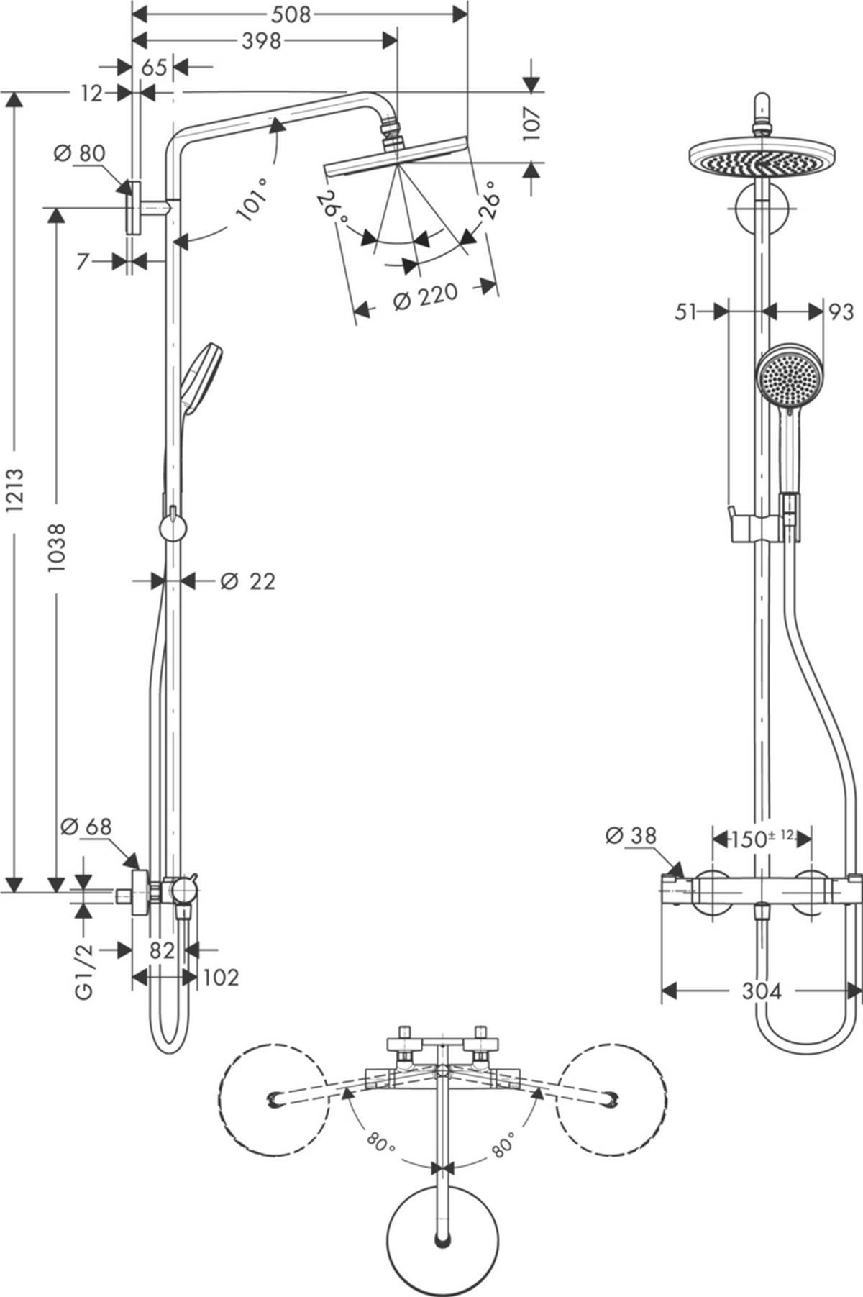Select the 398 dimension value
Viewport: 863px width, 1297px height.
coord(260,42)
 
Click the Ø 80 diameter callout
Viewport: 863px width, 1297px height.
coord(79,153)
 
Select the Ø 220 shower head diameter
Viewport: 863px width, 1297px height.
coord(426,296)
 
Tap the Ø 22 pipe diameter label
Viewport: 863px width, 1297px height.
coord(247,581)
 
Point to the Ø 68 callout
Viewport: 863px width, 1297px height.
coord(86,827)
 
